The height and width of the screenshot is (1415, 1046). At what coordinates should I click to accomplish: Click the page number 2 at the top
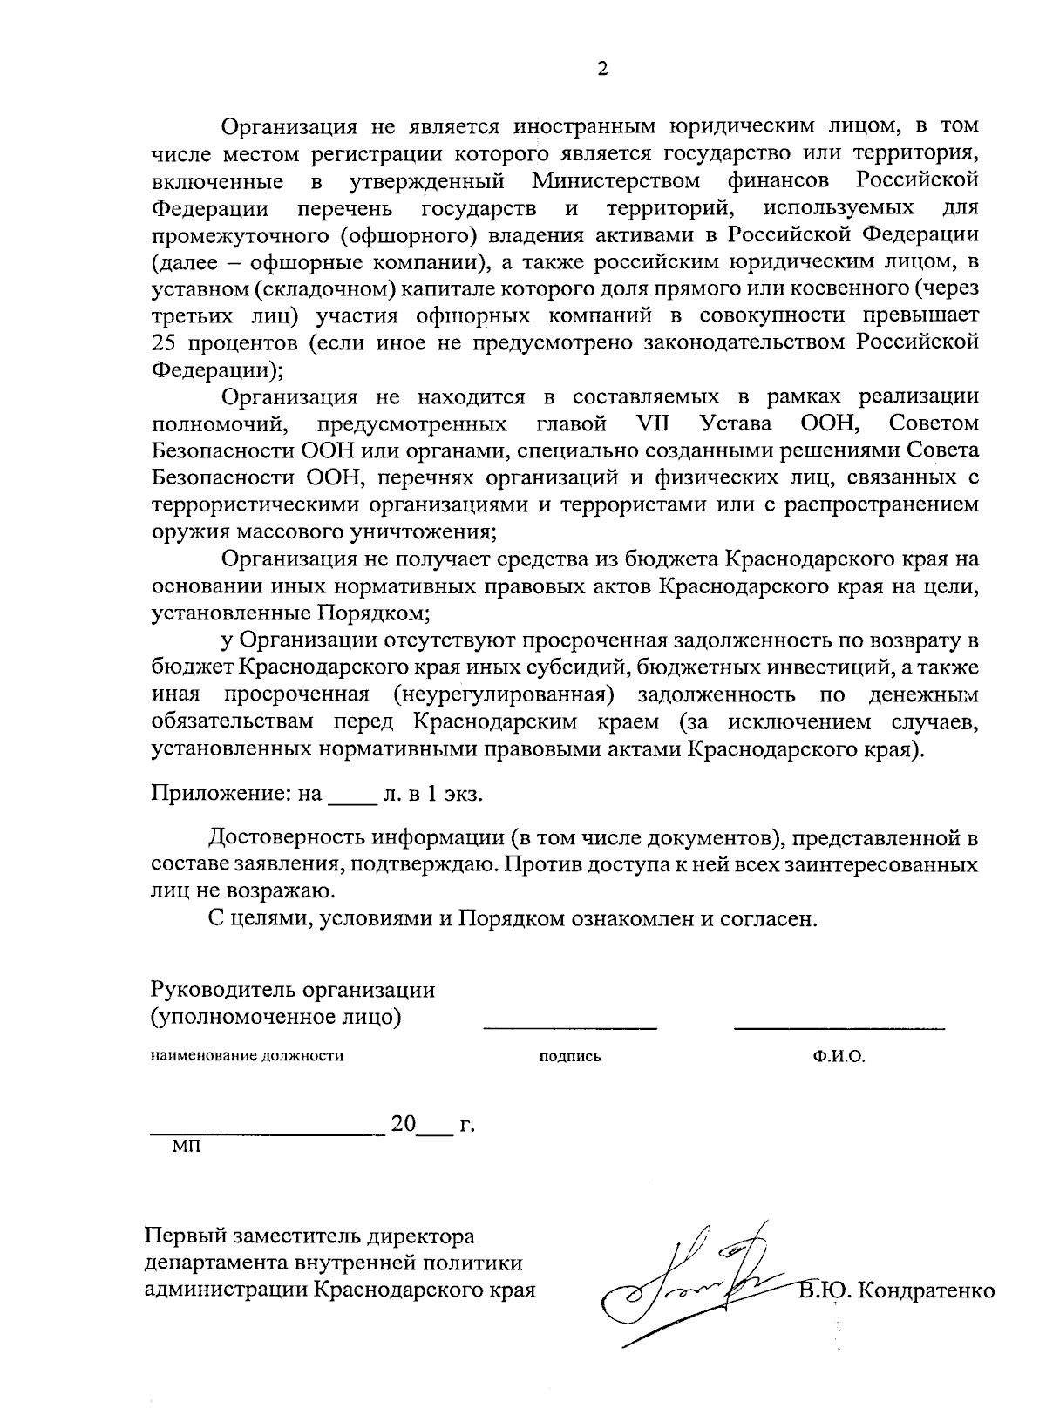click(x=601, y=70)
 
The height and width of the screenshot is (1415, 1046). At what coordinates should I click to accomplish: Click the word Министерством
click(x=616, y=181)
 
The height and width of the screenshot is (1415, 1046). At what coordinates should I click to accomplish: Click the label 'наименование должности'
click(x=248, y=1056)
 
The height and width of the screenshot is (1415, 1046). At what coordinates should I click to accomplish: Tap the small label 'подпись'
click(x=570, y=1057)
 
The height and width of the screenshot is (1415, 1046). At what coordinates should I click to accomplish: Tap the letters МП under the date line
click(x=186, y=1147)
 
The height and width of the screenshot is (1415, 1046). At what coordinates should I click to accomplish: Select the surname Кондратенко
click(x=926, y=1289)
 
